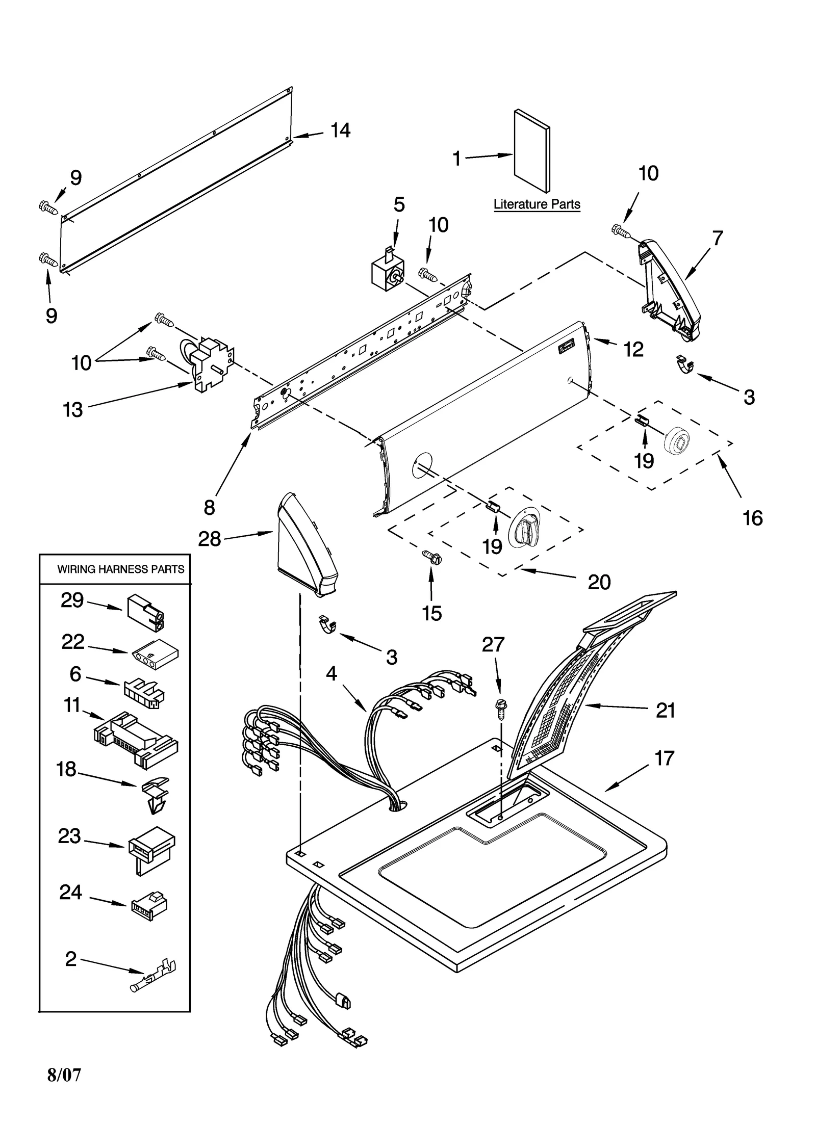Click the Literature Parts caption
point(537,204)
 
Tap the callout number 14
point(340,131)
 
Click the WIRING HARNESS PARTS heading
point(120,569)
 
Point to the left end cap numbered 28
point(305,545)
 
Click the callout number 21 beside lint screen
point(665,710)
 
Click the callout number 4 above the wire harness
point(331,673)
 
